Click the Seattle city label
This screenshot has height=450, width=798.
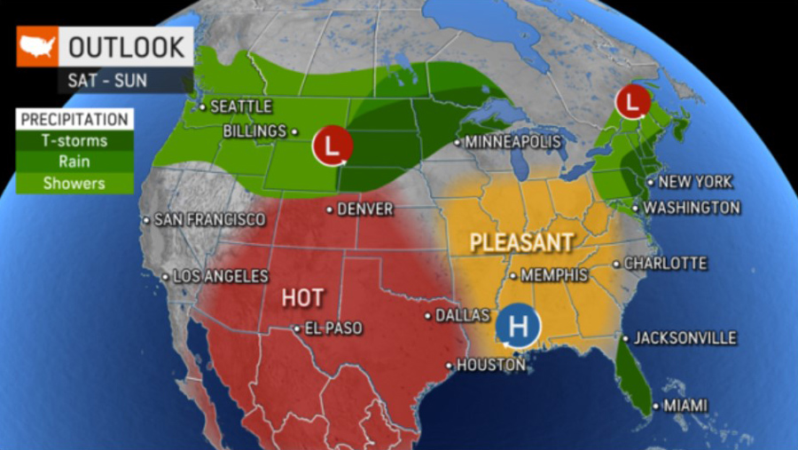coord(240,107)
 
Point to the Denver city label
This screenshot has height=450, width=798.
coord(364,209)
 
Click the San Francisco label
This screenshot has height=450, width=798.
coord(209,219)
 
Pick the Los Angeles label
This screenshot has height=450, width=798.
coord(220,276)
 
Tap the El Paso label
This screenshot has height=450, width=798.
coord(332,328)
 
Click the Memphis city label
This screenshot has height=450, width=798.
coord(554,275)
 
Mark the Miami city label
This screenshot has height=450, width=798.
coord(685,406)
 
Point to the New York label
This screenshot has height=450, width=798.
coord(694,182)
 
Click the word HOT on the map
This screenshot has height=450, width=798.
coord(302,297)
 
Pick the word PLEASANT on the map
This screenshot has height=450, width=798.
coord(520,241)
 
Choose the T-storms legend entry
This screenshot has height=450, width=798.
coord(74,141)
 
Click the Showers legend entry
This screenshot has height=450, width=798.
coord(74,184)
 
